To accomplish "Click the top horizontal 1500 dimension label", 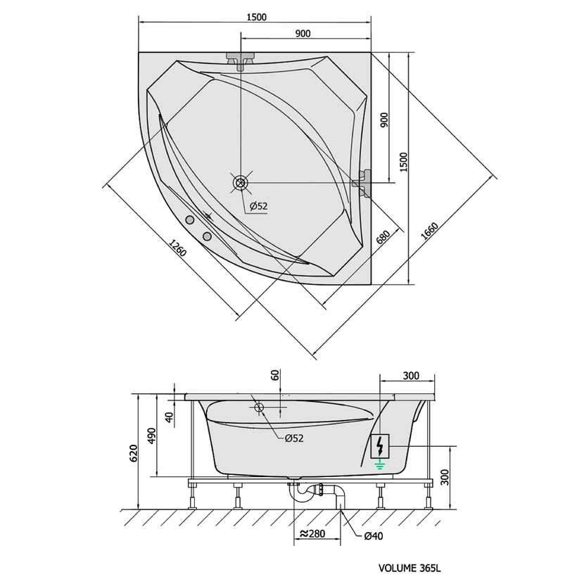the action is click(256, 17).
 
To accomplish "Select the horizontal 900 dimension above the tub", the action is click(303, 34).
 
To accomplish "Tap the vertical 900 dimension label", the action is click(384, 120).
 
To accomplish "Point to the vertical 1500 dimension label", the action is click(404, 162).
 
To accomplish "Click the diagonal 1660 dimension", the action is click(429, 231).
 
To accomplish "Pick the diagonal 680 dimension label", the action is click(383, 237).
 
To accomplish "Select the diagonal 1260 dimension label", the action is click(177, 248).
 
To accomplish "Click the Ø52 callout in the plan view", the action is click(258, 206).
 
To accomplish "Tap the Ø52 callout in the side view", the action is click(294, 438).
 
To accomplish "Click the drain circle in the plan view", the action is click(240, 183).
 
